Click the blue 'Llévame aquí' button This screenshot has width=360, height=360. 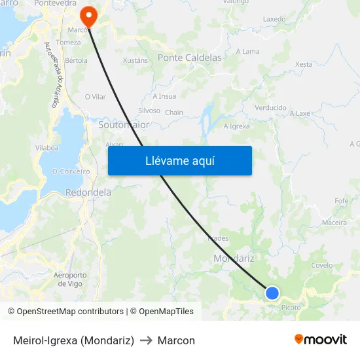[x=179, y=160]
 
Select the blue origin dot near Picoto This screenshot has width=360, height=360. [x=272, y=293]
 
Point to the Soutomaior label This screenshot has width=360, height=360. [x=124, y=124]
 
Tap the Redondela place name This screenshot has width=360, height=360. [x=88, y=193]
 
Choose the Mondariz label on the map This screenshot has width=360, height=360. [x=234, y=259]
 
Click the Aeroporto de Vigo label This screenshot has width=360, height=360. [x=70, y=279]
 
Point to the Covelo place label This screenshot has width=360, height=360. [x=322, y=265]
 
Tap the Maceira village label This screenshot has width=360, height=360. [x=334, y=223]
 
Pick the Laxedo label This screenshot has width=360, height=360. [x=274, y=19]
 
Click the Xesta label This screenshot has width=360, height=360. [x=304, y=64]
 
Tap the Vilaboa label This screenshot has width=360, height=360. [x=47, y=148]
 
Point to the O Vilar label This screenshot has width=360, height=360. [x=95, y=97]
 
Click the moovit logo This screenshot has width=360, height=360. [x=321, y=340]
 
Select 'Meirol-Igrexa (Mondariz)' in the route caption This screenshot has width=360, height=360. [x=73, y=340]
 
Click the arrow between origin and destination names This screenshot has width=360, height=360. [x=146, y=340]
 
